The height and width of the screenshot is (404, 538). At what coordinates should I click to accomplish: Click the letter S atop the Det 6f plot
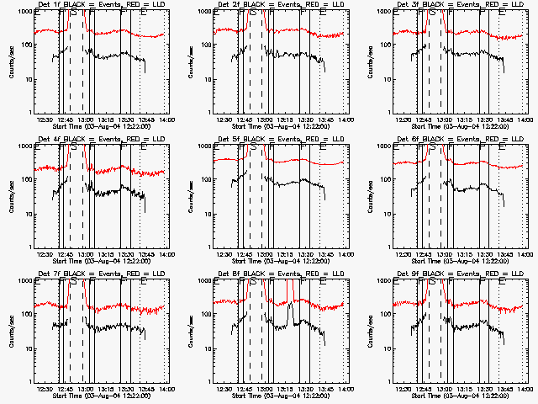[432, 148]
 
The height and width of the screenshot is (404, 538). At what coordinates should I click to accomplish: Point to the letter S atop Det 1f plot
[73, 13]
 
